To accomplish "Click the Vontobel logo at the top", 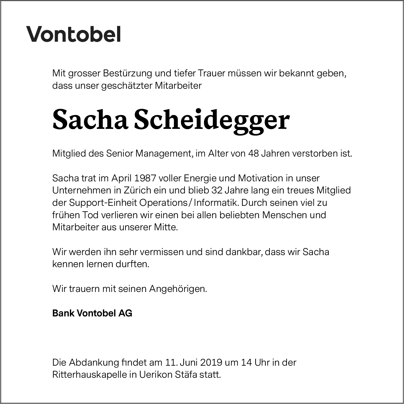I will (74, 34).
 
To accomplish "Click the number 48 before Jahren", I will (253, 154).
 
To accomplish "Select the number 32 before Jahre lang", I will (217, 190).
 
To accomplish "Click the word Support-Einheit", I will (103, 203).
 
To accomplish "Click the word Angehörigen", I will (178, 289).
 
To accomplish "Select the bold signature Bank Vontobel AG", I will (92, 313).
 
